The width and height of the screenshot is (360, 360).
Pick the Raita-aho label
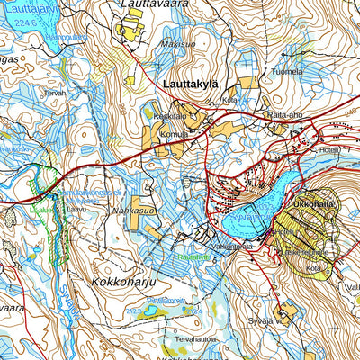coord(284,115)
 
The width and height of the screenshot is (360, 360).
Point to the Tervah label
coord(56,92)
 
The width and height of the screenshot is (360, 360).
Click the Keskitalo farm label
coord(170,117)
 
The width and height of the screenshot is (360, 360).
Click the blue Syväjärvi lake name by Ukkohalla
coord(245,217)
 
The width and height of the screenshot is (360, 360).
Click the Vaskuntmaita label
coord(232,245)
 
